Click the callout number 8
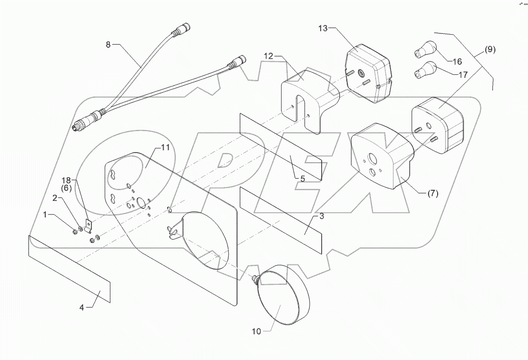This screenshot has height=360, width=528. [108, 45]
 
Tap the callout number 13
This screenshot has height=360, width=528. [322, 29]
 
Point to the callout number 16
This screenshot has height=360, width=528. [457, 62]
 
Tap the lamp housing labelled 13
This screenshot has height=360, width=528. [369, 73]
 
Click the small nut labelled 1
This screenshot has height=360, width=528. [75, 231]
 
